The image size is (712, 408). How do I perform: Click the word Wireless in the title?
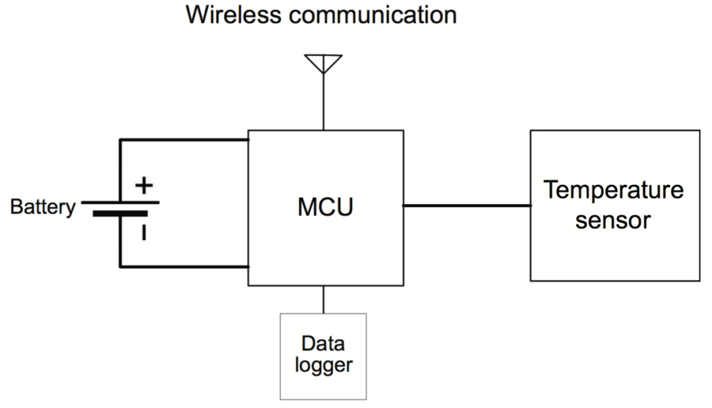point(233,15)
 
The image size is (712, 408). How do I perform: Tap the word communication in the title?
point(372,15)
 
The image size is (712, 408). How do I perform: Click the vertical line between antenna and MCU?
point(323,102)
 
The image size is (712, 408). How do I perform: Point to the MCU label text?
point(325,207)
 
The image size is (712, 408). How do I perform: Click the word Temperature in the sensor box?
point(614,189)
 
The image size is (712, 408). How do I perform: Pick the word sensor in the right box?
point(613,220)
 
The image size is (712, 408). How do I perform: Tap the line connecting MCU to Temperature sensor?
point(467,205)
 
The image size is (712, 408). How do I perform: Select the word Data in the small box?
point(323,343)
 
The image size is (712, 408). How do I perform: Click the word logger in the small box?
point(323,365)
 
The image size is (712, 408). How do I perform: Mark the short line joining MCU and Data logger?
point(323,299)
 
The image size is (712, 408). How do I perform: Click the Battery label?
point(43,207)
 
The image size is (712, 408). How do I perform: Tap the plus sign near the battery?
point(144,186)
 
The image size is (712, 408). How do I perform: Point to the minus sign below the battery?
point(144,232)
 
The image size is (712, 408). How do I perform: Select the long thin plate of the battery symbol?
point(121,202)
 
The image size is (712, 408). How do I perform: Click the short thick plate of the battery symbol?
point(121,213)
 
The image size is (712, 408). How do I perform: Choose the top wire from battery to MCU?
point(184,140)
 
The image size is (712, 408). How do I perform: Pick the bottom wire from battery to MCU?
point(184,267)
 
